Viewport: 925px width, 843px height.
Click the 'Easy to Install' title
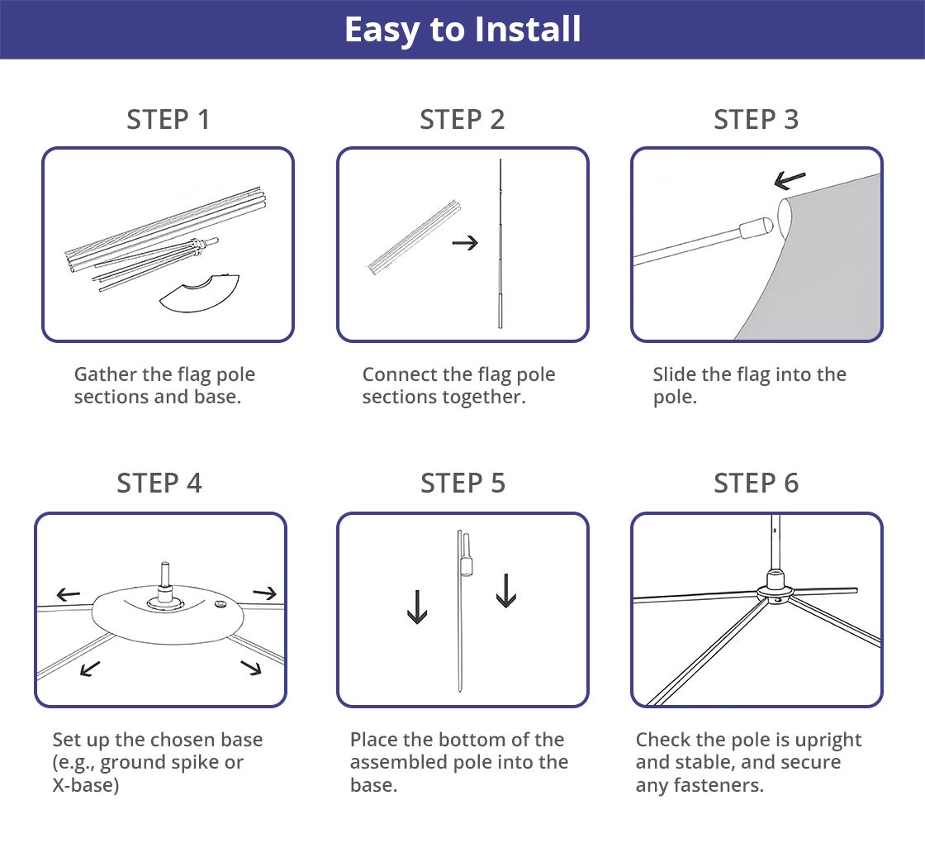pos(462,30)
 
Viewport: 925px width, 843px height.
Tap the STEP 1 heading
pos(168,119)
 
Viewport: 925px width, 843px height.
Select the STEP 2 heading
pos(462,119)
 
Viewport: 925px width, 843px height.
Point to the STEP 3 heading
pos(756,119)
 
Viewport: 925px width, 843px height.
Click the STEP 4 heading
pos(159,483)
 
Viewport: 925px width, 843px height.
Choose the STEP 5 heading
pos(462,483)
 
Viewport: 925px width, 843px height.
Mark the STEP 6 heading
pos(756,483)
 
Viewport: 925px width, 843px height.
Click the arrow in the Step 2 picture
pos(465,243)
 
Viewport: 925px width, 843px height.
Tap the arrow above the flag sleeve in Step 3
pos(790,179)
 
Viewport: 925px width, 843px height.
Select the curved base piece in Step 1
pos(199,293)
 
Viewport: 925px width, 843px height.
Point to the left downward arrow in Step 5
pos(417,607)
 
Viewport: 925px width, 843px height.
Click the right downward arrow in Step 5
pos(506,590)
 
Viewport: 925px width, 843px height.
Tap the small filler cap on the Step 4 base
pos(221,604)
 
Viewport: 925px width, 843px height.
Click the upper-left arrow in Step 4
pos(68,594)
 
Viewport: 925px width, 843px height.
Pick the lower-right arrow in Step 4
pos(251,668)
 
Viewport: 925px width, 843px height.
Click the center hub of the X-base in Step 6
pos(775,589)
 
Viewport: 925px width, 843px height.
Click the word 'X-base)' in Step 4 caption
pos(86,785)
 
